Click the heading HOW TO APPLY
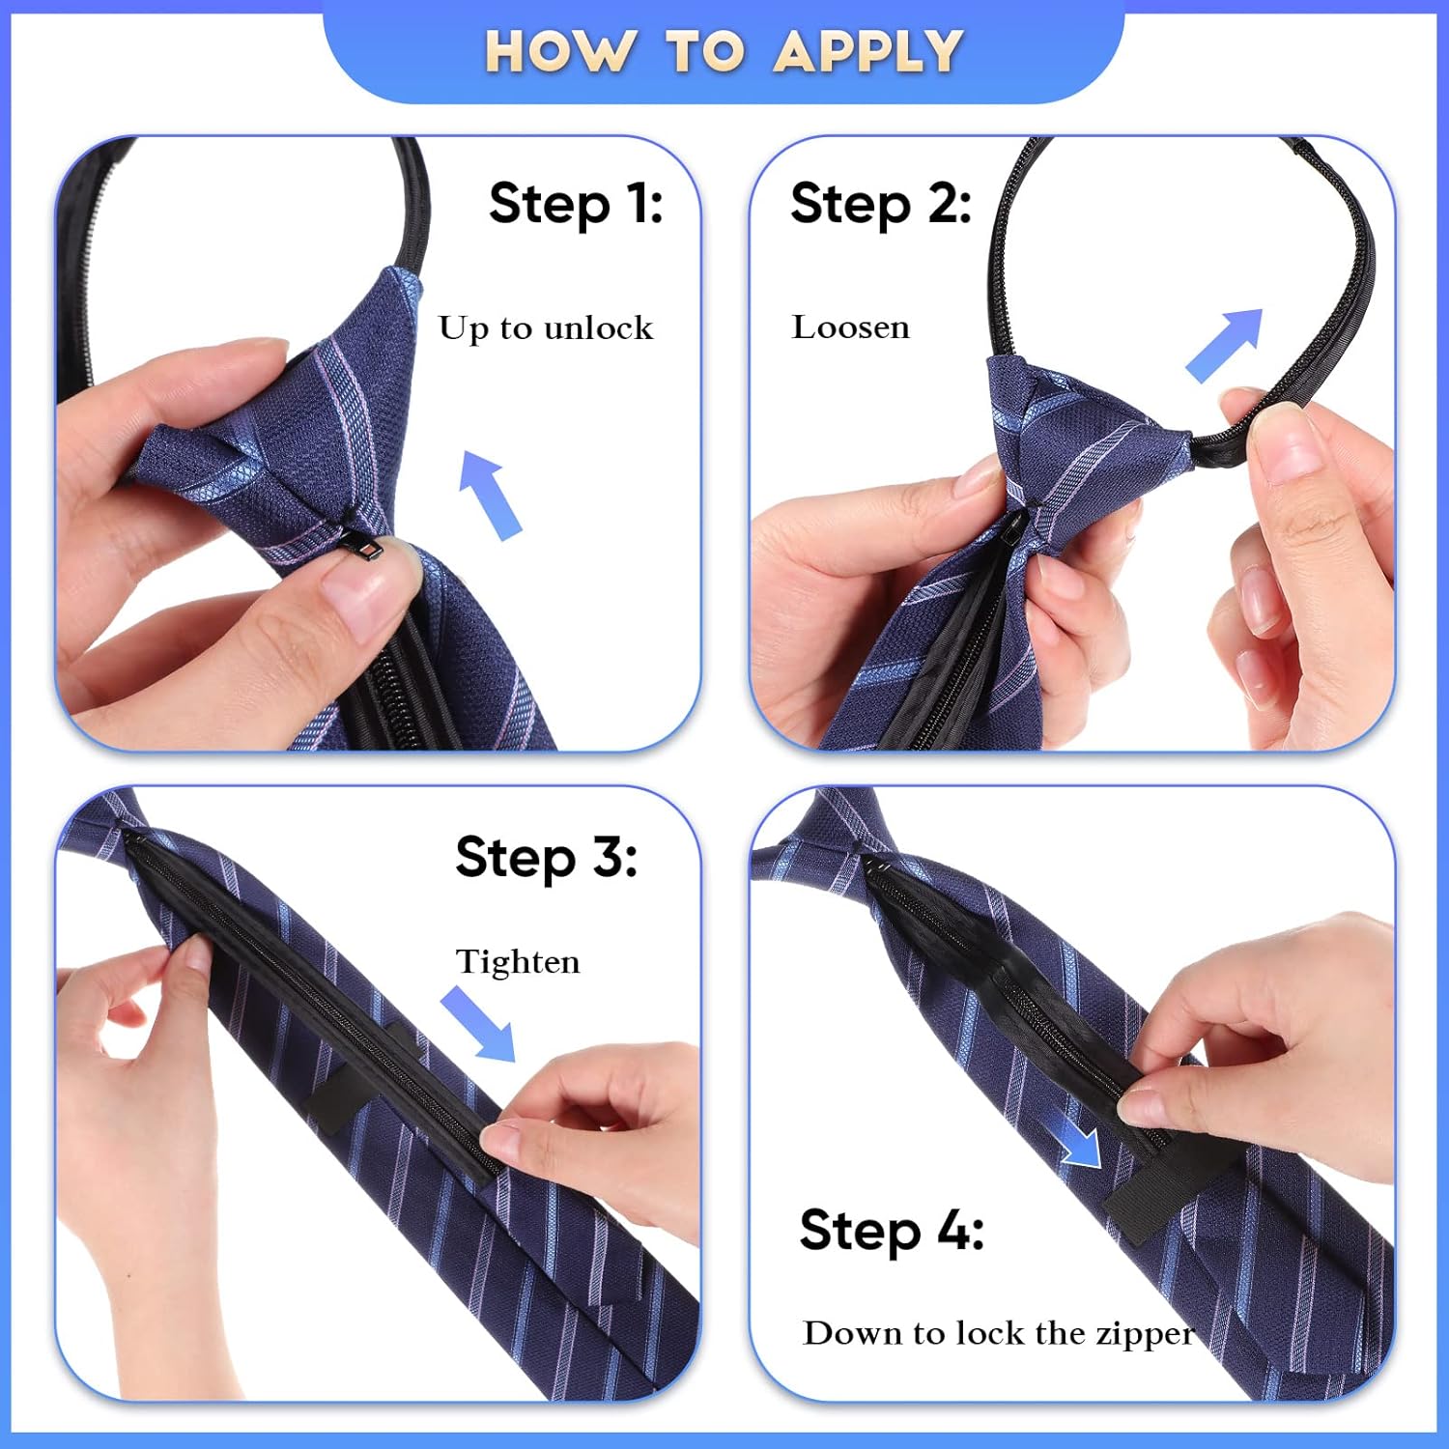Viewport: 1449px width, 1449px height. click(x=724, y=50)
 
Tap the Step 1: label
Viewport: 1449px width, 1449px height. click(x=576, y=204)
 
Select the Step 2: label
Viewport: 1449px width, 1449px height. click(x=881, y=204)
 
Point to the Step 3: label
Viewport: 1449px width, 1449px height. click(x=547, y=857)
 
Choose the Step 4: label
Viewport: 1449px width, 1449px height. click(x=892, y=1230)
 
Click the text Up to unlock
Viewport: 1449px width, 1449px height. click(x=546, y=328)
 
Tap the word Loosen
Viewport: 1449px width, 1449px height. click(x=851, y=327)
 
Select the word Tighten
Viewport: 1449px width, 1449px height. click(x=518, y=962)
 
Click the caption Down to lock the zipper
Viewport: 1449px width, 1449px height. click(x=999, y=1334)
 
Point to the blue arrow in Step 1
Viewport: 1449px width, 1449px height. click(x=492, y=495)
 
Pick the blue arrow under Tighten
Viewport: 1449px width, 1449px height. click(x=479, y=1025)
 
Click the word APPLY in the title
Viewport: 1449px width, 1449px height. click(x=868, y=50)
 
